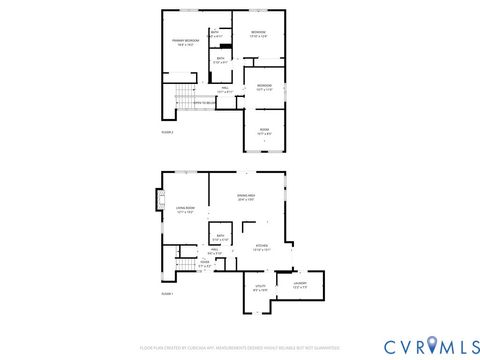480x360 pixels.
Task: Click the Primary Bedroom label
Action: pyautogui.click(x=181, y=42)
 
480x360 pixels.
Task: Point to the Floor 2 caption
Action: pyautogui.click(x=167, y=131)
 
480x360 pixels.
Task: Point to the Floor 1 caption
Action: pyautogui.click(x=167, y=293)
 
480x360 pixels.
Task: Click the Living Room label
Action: pyautogui.click(x=185, y=210)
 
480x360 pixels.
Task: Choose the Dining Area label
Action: pyautogui.click(x=246, y=197)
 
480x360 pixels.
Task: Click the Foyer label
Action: pyautogui.click(x=204, y=265)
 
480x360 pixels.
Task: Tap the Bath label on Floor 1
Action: pyautogui.click(x=221, y=238)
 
